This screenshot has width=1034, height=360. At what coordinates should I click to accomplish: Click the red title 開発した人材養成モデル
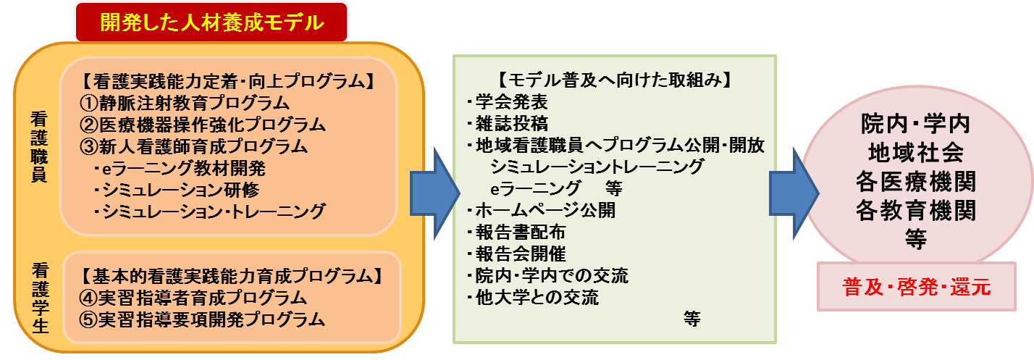coord(211,22)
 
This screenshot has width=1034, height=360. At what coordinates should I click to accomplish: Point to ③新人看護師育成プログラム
coord(195,146)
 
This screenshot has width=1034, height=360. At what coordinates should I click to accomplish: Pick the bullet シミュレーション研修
coord(176,190)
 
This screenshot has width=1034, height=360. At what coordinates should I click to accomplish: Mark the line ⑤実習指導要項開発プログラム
coord(203,319)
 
